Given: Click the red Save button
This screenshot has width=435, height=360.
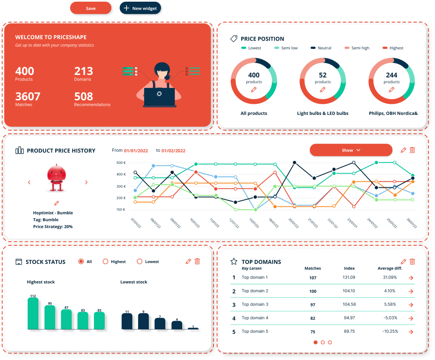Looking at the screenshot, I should tap(90, 8).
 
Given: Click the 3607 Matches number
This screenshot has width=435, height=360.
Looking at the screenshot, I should tap(28, 96).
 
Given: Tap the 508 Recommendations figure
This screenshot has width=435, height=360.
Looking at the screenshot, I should tap(84, 96).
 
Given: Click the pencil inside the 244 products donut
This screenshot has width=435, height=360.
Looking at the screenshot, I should tap(391, 90).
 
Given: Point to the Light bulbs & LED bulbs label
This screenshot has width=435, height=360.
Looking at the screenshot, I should tap(322, 113).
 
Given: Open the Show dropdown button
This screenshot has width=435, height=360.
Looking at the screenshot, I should tap(351, 150).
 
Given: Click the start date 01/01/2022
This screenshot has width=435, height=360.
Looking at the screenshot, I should tap(136, 151).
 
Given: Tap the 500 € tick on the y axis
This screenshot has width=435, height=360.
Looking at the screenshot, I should tap(121, 163).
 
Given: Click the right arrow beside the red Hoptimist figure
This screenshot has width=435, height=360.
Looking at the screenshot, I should tap(86, 183).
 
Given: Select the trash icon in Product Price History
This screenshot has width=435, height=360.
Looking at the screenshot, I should tap(412, 150).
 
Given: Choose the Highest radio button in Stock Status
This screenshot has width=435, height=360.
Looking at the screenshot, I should tap(105, 262).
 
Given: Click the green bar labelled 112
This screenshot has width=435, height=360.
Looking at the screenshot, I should tap(33, 314).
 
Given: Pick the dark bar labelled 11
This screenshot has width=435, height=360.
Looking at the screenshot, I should tap(127, 321).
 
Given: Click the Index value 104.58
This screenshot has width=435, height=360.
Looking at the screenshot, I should tap(349, 305).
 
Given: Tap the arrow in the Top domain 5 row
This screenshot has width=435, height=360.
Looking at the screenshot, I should tap(411, 332).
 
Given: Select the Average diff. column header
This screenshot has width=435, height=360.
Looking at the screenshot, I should tap(390, 269).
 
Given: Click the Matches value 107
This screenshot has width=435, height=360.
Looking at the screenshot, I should tap(313, 278).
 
